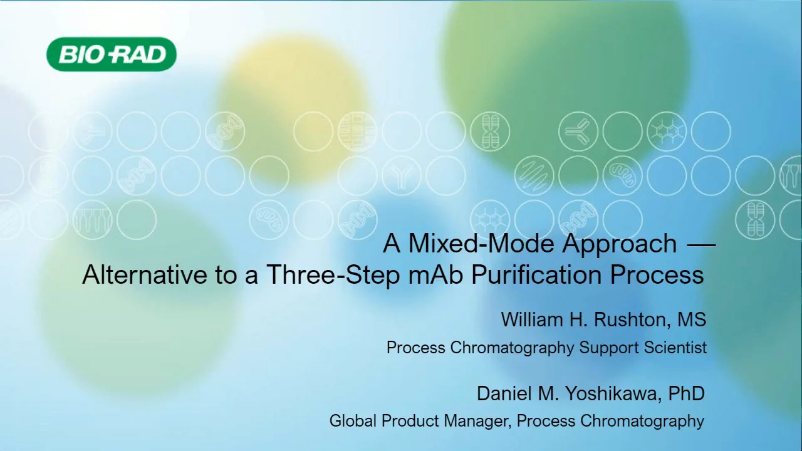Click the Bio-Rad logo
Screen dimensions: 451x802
(112, 54)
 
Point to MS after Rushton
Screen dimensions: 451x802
(692, 319)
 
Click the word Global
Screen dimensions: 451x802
(352, 421)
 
